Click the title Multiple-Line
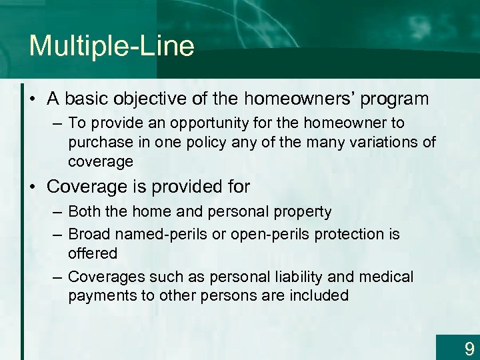pos(111,46)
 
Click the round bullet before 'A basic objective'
pos(34,100)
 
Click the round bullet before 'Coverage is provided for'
pos(34,187)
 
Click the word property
pos(305,212)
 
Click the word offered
pos(92,253)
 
